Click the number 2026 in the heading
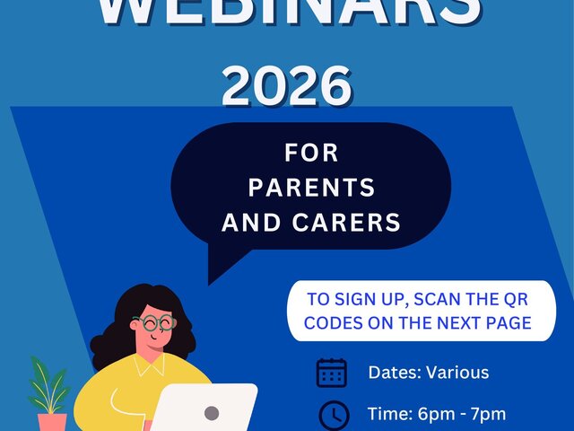286,87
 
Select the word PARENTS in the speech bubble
311,188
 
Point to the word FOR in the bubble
311,154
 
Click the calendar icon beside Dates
332,372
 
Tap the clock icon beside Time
334,415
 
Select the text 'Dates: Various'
428,372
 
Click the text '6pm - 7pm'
463,414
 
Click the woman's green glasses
154,321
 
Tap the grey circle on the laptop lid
212,413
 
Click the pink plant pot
52,421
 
